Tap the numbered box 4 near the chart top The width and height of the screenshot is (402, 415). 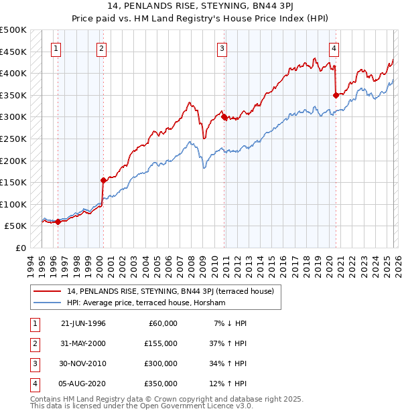[333, 48]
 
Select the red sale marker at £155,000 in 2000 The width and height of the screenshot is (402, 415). [103, 180]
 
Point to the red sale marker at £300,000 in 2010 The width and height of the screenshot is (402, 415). [223, 116]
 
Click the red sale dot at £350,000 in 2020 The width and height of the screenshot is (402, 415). [336, 95]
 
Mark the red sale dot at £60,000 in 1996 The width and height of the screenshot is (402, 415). [58, 222]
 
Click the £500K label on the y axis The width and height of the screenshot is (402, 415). [13, 30]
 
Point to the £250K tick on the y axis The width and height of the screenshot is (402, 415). [13, 139]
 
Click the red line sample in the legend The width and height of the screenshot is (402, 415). [48, 291]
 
